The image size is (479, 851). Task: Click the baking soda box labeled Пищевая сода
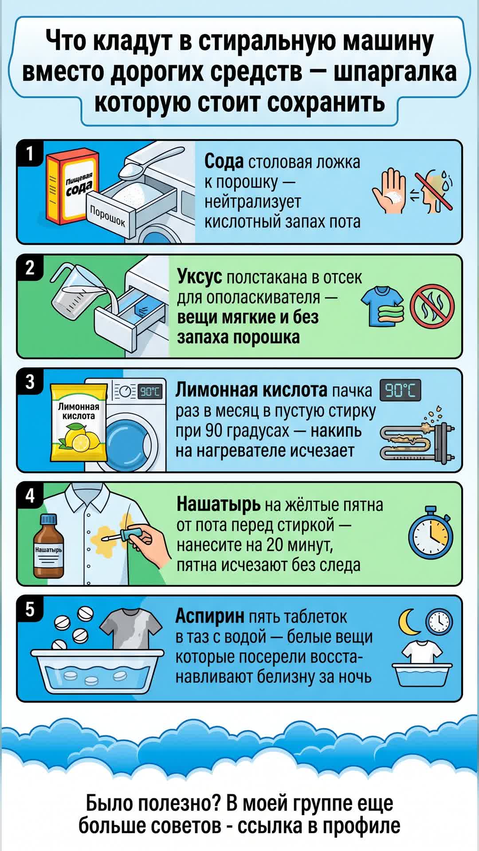coord(73,186)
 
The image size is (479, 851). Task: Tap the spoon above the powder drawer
coord(151,162)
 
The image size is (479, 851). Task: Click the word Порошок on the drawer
coord(108,216)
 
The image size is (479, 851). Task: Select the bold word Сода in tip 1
coord(224,162)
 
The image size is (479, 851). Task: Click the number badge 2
coord(30,268)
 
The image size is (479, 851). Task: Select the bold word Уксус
coord(200,277)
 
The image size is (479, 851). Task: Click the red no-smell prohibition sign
coord(432,306)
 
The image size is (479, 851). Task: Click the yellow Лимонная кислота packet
coord(79,422)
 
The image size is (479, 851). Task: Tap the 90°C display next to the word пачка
coord(400,390)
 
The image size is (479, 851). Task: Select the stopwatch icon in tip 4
coord(431,532)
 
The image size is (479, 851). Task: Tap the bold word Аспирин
coord(210,616)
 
